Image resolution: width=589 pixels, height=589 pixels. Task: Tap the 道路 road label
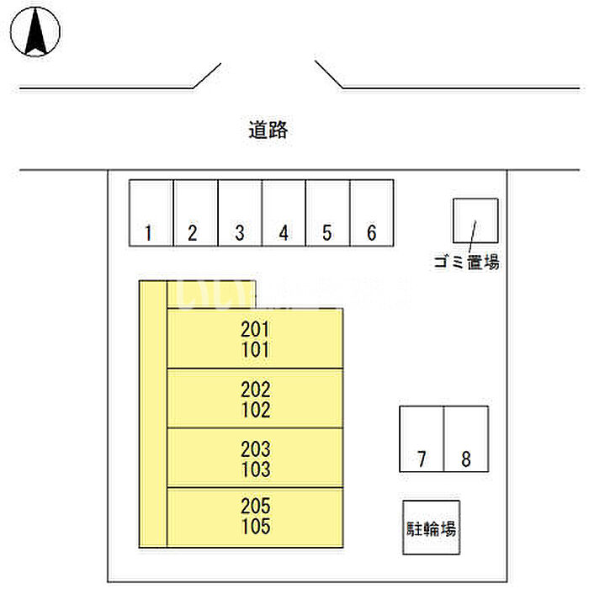click(x=268, y=130)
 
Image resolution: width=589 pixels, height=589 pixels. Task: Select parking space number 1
click(x=151, y=214)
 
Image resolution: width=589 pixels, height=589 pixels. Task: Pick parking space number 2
click(x=195, y=214)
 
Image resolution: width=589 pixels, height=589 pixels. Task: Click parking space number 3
click(x=240, y=214)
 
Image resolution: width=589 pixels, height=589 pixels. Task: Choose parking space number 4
click(x=284, y=214)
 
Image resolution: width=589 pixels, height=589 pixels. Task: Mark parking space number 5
click(x=327, y=214)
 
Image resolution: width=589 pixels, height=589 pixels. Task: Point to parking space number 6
click(x=372, y=214)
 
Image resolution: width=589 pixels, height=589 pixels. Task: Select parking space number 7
click(x=422, y=439)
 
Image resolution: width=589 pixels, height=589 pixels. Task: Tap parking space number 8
click(x=466, y=439)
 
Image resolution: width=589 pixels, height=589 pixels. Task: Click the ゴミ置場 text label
click(x=466, y=263)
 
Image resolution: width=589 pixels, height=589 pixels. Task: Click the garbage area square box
click(x=475, y=221)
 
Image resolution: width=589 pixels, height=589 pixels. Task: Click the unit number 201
click(x=255, y=330)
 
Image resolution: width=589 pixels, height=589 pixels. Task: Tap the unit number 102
click(x=255, y=410)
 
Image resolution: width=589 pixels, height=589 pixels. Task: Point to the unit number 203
click(x=255, y=449)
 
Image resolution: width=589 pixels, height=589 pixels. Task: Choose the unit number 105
click(x=255, y=528)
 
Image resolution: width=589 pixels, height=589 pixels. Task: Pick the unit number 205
click(x=255, y=508)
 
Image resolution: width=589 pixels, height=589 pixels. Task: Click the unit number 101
click(x=255, y=349)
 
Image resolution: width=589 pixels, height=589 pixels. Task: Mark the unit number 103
click(x=255, y=469)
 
